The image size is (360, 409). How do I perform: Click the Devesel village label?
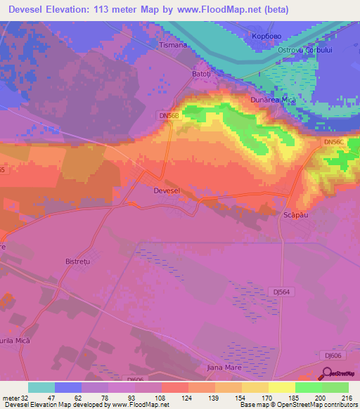click(167, 190)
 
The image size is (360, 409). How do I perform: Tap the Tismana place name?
click(174, 45)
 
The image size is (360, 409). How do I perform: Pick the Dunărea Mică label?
click(273, 100)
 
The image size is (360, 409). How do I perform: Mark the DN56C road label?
click(334, 141)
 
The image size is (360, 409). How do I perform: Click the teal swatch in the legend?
click(41, 387)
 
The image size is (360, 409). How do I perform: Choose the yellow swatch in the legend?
click(281, 387)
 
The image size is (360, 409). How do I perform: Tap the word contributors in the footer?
click(339, 404)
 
